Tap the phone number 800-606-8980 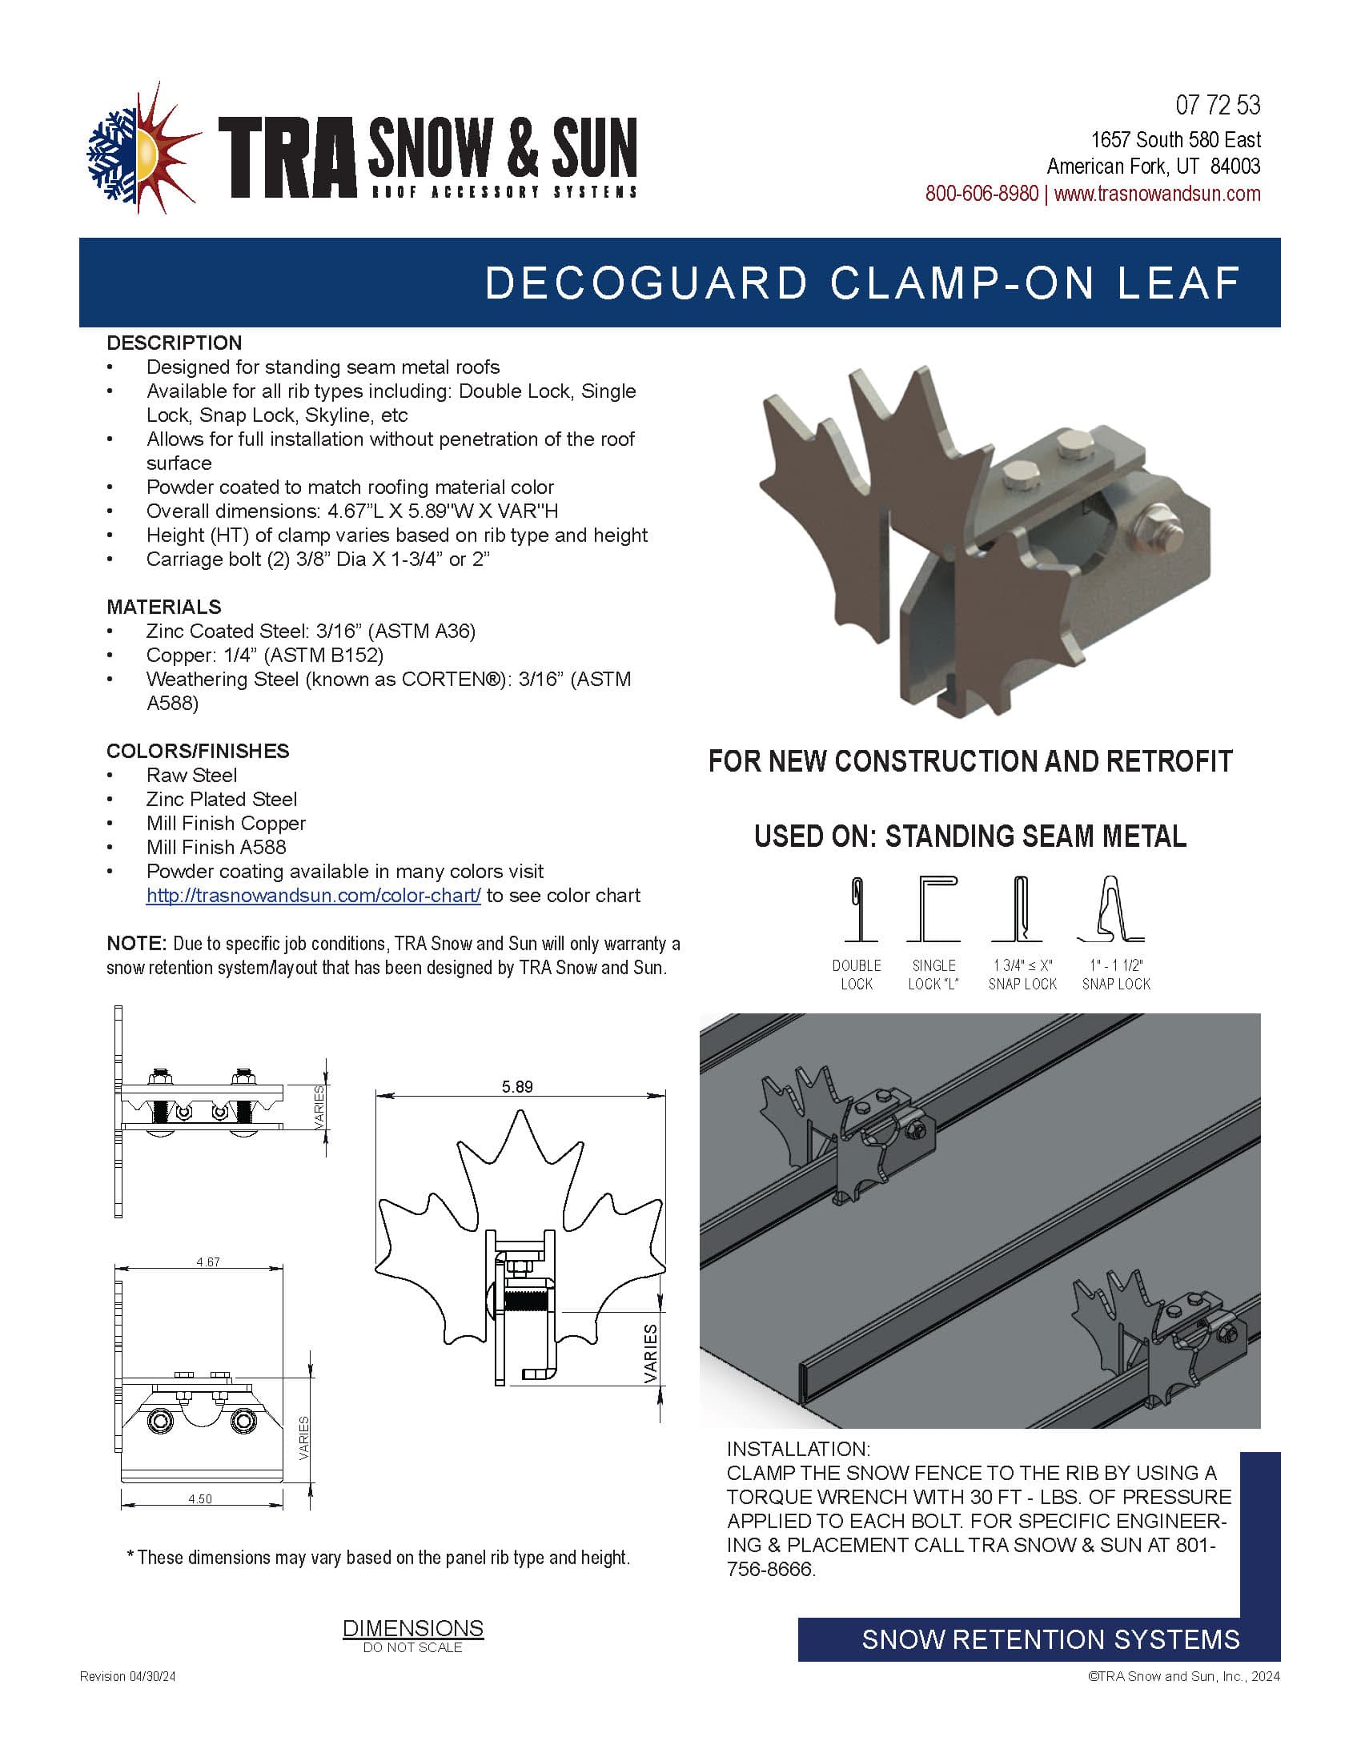[x=982, y=194]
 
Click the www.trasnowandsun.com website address [x=1157, y=194]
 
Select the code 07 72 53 [x=1218, y=106]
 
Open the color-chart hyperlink [x=313, y=896]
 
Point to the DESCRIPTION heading [x=175, y=343]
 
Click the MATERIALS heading [x=163, y=607]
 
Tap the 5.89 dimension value [x=517, y=1087]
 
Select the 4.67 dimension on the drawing [x=208, y=1262]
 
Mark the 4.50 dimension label [x=200, y=1499]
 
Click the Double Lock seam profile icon [x=857, y=909]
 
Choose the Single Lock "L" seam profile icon [x=933, y=909]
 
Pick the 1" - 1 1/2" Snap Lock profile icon [x=1113, y=909]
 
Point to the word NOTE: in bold [x=136, y=944]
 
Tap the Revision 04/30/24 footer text [x=127, y=1676]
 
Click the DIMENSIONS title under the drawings [x=413, y=1628]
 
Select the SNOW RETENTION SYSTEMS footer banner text [x=1050, y=1639]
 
